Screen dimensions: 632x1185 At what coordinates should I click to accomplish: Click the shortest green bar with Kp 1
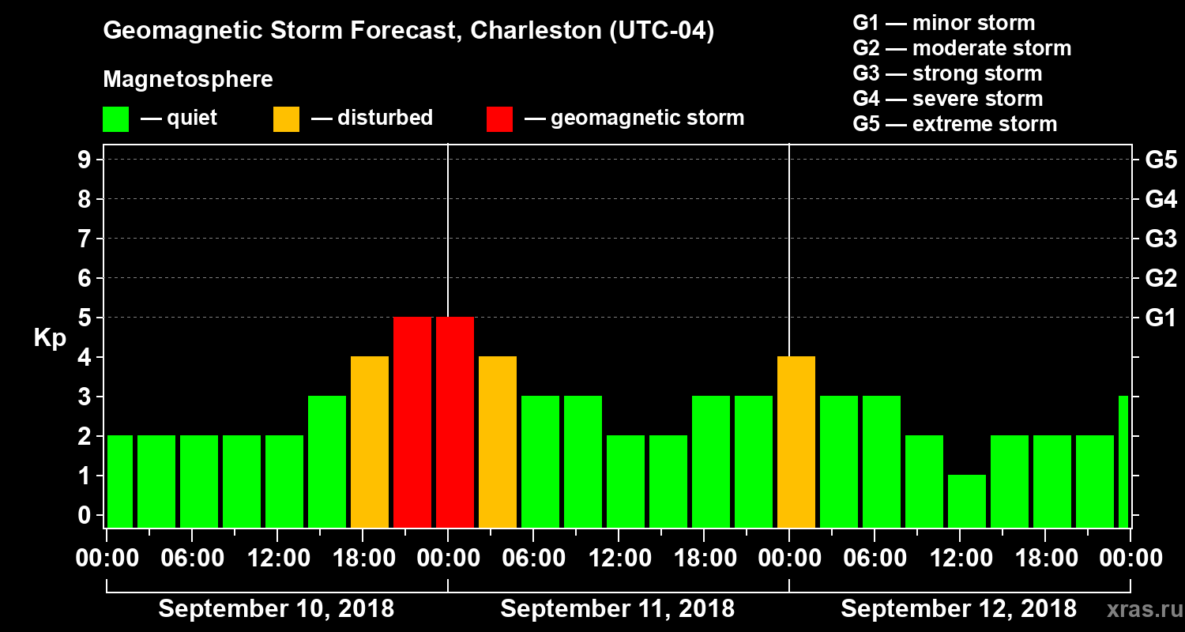click(x=967, y=501)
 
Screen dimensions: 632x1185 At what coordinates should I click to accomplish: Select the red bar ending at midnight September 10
click(x=412, y=422)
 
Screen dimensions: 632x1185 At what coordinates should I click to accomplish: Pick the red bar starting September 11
click(x=455, y=422)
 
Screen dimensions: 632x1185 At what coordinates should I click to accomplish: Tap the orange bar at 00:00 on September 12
click(x=796, y=442)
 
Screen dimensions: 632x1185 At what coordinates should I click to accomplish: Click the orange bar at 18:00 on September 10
click(x=370, y=442)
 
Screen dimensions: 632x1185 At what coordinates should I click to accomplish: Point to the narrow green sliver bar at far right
click(x=1123, y=461)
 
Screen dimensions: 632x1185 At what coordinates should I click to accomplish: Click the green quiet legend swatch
click(x=115, y=119)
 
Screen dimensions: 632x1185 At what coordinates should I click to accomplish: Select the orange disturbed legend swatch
click(x=286, y=119)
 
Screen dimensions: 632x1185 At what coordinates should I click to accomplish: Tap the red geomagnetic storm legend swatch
click(x=499, y=119)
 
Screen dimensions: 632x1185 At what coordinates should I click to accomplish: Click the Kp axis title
click(x=50, y=338)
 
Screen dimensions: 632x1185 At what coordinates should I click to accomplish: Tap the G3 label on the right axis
click(x=1161, y=239)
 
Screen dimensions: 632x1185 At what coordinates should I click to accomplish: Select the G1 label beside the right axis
click(x=1161, y=318)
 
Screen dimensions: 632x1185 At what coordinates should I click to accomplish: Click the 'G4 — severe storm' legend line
click(x=947, y=99)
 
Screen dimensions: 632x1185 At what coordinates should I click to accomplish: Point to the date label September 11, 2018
click(x=617, y=609)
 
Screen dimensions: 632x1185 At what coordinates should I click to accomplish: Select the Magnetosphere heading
click(x=188, y=80)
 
